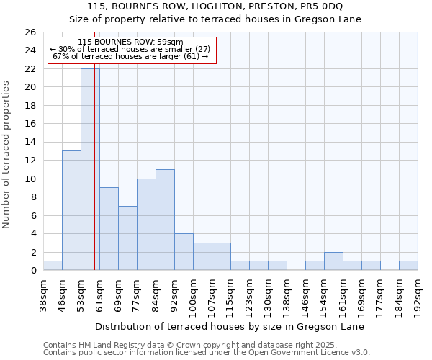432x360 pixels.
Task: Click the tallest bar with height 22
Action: (90, 169)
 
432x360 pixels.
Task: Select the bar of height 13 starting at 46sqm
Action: (71, 210)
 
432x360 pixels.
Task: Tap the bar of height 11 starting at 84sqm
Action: (165, 220)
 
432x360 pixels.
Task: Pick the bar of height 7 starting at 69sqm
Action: (127, 238)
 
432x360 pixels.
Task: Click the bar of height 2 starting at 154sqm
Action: (333, 261)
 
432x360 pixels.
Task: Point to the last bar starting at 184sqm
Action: (408, 266)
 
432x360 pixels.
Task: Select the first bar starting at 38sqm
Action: (53, 266)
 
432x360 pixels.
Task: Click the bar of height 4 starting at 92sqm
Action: (184, 252)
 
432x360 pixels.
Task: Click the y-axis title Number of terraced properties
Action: (6, 155)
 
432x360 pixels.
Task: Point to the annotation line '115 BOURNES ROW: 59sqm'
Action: (130, 42)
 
